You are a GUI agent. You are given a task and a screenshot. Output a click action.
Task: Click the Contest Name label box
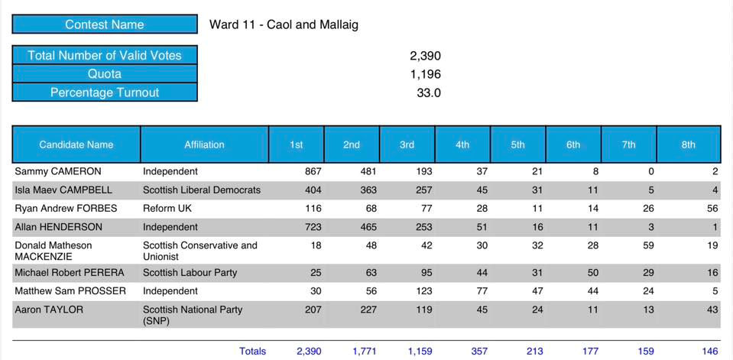pyautogui.click(x=104, y=24)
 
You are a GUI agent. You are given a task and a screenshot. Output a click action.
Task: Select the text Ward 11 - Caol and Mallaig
pyautogui.click(x=284, y=24)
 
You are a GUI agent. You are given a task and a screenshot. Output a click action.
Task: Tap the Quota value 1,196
pyautogui.click(x=425, y=74)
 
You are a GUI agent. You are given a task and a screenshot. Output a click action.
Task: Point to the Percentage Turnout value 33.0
pyautogui.click(x=430, y=92)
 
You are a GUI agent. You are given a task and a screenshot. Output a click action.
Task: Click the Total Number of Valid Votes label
pyautogui.click(x=104, y=55)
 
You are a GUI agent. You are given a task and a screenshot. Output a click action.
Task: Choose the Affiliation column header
pyautogui.click(x=204, y=144)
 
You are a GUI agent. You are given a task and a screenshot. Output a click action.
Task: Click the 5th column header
pyautogui.click(x=517, y=144)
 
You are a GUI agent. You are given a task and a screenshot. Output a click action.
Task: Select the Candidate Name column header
pyautogui.click(x=76, y=144)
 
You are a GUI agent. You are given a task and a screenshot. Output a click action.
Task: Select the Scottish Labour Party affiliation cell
pyautogui.click(x=190, y=272)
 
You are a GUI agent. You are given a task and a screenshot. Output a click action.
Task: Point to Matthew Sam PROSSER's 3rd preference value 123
pyautogui.click(x=423, y=291)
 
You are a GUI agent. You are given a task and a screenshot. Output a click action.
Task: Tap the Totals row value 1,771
pyautogui.click(x=365, y=352)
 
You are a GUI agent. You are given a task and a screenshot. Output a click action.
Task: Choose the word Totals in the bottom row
pyautogui.click(x=252, y=352)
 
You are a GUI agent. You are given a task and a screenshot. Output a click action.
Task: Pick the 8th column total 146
pyautogui.click(x=710, y=352)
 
